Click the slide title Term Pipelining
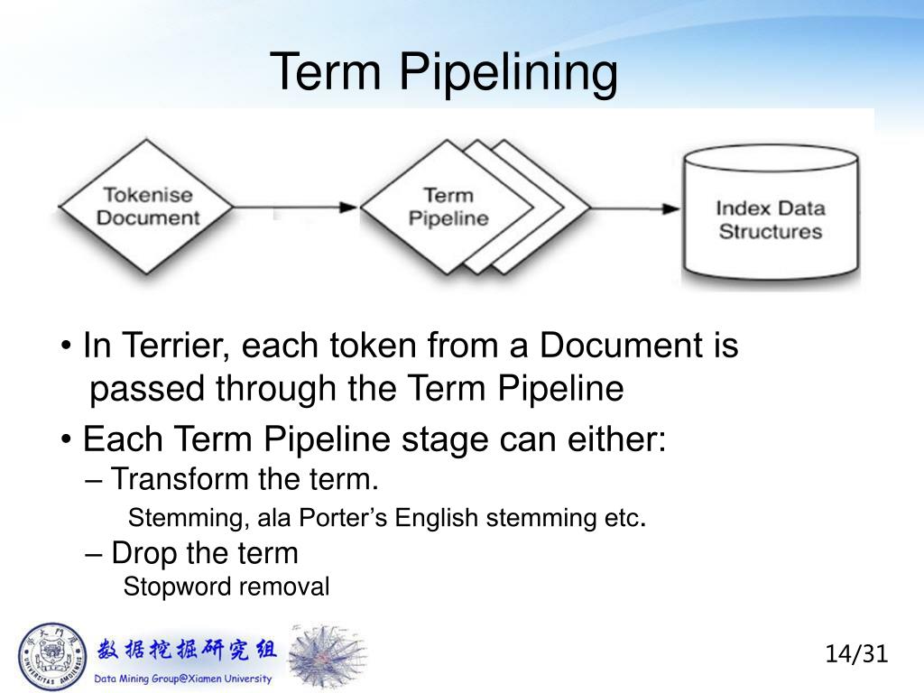tap(444, 71)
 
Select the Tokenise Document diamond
tap(147, 207)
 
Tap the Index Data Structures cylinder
tap(770, 217)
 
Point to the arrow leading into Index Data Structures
tap(635, 208)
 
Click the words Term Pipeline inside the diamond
tap(448, 207)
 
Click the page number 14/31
tap(856, 653)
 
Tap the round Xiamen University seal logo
tap(51, 656)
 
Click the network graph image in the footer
tap(326, 656)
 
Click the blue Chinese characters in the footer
tap(187, 649)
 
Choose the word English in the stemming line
tap(438, 519)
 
